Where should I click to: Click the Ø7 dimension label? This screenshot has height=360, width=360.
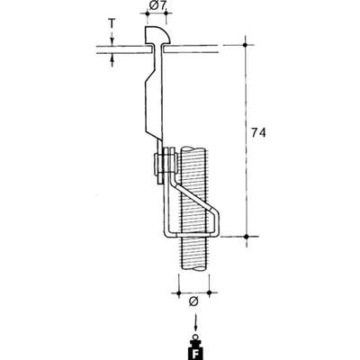157,6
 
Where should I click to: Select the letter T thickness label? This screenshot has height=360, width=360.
112,22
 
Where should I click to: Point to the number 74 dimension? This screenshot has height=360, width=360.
258,132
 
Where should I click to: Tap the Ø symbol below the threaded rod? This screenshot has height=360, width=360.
193,301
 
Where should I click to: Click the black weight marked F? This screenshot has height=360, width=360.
196,350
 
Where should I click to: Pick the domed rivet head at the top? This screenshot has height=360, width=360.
157,35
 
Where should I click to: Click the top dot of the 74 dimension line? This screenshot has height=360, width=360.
245,45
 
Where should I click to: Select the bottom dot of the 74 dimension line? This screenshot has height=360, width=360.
247,237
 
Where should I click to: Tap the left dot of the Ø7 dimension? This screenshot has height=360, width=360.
147,13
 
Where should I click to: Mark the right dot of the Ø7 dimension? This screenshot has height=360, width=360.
166,13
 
